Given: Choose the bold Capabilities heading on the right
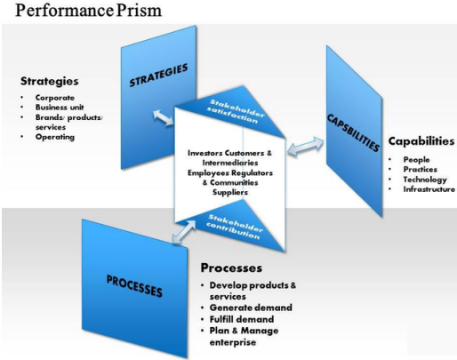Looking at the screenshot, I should click(421, 140).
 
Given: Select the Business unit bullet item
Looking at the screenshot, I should click(60, 106).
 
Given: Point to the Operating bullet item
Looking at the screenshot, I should click(55, 137).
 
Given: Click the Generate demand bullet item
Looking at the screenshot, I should click(251, 307).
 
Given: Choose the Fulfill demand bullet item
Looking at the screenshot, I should click(245, 318).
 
